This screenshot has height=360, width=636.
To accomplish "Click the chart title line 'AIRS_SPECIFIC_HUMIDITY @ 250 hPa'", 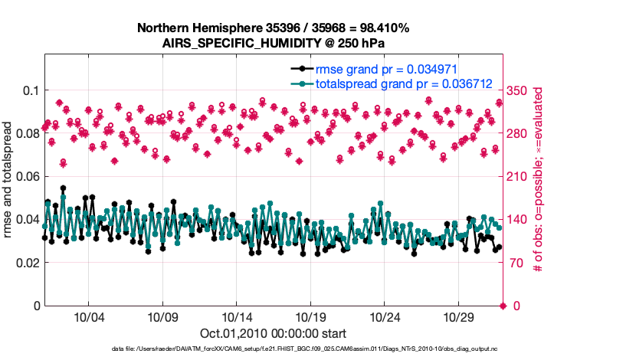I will pyautogui.click(x=273, y=43).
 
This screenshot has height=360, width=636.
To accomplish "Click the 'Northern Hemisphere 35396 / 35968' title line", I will pyautogui.click(x=273, y=28).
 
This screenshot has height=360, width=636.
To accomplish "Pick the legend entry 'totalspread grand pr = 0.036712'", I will pyautogui.click(x=403, y=83).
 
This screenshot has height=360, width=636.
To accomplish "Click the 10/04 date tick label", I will pyautogui.click(x=88, y=317).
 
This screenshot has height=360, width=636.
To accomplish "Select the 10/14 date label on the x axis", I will pyautogui.click(x=238, y=317).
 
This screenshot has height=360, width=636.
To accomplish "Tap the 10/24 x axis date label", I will pyautogui.click(x=386, y=317).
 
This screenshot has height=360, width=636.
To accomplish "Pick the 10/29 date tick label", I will pyautogui.click(x=461, y=317).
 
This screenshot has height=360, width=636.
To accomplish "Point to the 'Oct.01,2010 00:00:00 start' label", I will pyautogui.click(x=273, y=333).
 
